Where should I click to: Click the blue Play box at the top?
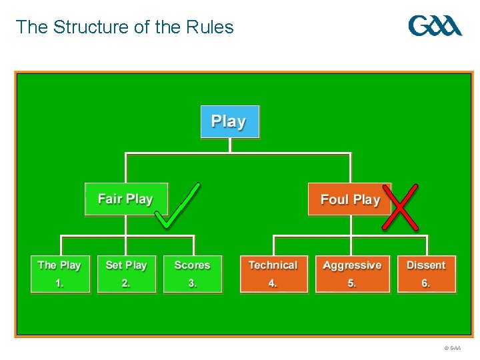pyautogui.click(x=229, y=121)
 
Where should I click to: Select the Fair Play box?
pyautogui.click(x=126, y=199)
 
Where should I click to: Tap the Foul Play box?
pyautogui.click(x=349, y=199)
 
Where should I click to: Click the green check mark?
pyautogui.click(x=177, y=207)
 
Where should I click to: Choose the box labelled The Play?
pyautogui.click(x=59, y=273)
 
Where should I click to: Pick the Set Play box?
pyautogui.click(x=126, y=273)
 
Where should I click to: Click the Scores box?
pyautogui.click(x=192, y=273)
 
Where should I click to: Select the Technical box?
pyautogui.click(x=273, y=273)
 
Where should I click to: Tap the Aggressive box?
pyautogui.click(x=352, y=273)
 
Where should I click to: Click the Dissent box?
pyautogui.click(x=426, y=273)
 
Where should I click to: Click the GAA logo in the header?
pyautogui.click(x=435, y=26)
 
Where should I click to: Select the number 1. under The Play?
pyautogui.click(x=59, y=283)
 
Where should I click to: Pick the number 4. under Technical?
pyautogui.click(x=273, y=283)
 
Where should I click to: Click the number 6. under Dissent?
pyautogui.click(x=426, y=283)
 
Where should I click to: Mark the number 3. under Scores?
pyautogui.click(x=192, y=283)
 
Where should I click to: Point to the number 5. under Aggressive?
pyautogui.click(x=352, y=283)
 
